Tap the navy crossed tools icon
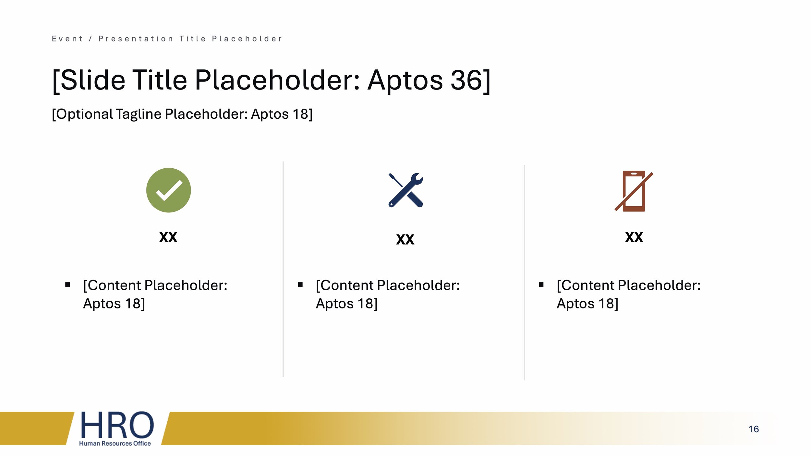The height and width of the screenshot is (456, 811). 405,190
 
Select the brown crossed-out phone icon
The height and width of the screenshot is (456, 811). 634,191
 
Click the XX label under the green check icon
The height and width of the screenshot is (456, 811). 168,237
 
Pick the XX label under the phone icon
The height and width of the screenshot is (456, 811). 634,237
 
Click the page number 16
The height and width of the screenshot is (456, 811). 753,429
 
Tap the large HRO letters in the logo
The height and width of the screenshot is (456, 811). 117,425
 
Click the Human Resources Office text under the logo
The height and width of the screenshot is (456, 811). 115,443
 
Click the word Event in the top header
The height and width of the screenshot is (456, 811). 67,39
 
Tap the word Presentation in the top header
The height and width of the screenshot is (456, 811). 136,39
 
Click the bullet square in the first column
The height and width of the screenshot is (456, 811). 67,285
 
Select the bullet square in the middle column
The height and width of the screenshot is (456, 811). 300,285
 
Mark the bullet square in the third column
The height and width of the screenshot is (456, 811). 541,285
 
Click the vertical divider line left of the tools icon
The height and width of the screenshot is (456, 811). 283,269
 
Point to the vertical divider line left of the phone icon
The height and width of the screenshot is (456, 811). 524,272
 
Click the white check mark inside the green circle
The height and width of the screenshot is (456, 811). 169,190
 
